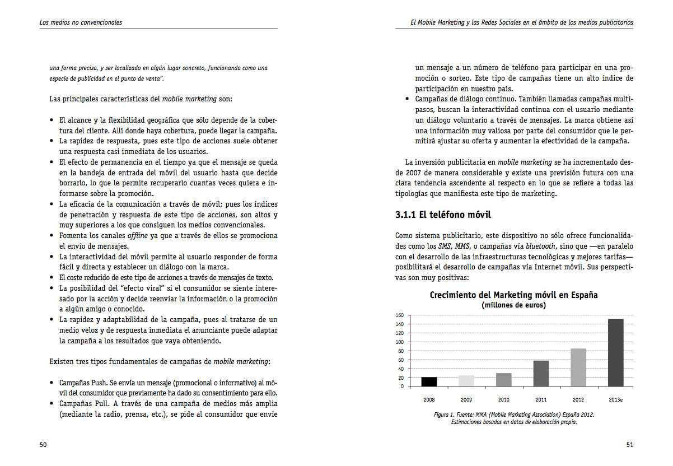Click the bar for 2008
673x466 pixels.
click(429, 381)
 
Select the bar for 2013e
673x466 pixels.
click(615, 353)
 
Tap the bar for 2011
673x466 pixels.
click(541, 374)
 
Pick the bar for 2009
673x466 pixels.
click(466, 381)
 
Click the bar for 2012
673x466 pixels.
click(578, 367)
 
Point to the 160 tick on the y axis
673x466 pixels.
click(399, 315)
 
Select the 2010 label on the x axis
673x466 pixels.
click(503, 400)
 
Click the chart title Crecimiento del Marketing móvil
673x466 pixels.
click(513, 295)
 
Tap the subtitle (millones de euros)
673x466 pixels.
click(513, 305)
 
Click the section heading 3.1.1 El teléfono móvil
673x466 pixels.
click(443, 215)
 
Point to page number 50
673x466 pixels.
click(43, 445)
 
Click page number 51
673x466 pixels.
click(629, 445)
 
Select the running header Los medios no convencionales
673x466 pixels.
click(81, 23)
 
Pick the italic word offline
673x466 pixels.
click(138, 236)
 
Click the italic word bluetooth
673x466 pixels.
click(540, 246)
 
